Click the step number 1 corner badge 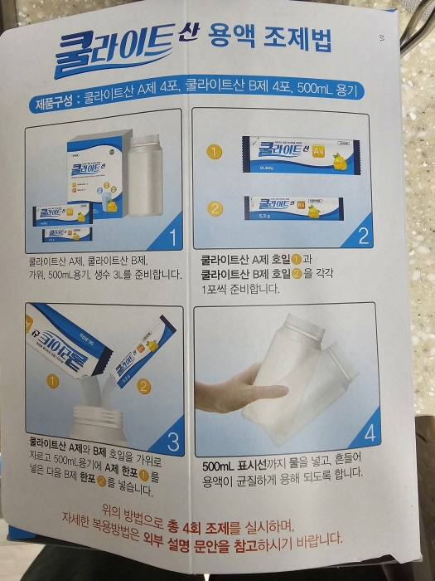[172, 237]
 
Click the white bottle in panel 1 [147, 175]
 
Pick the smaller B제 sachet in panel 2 [293, 207]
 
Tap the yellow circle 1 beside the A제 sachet [215, 153]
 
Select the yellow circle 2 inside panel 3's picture [143, 385]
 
